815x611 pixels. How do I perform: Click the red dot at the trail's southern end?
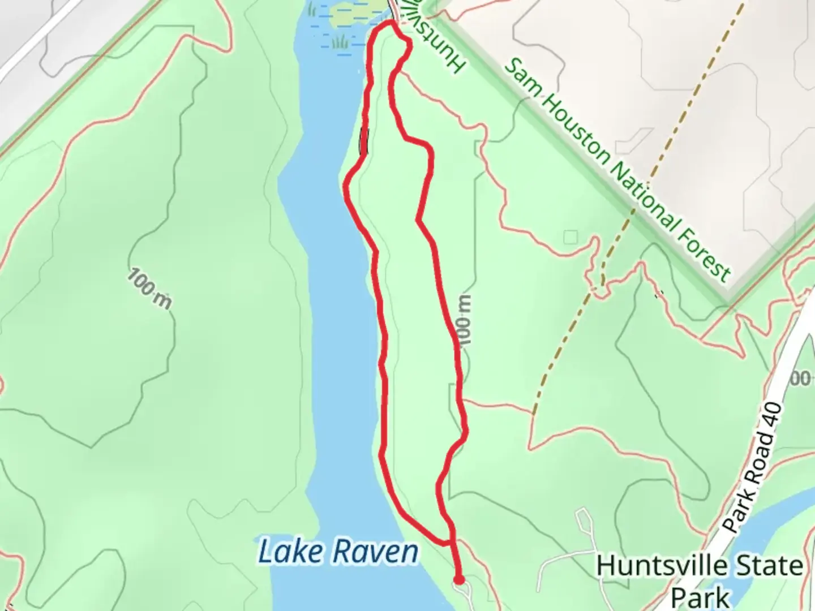(459, 579)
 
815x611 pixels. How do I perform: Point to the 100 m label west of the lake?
(149, 289)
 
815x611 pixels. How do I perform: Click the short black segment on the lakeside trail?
(363, 141)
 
